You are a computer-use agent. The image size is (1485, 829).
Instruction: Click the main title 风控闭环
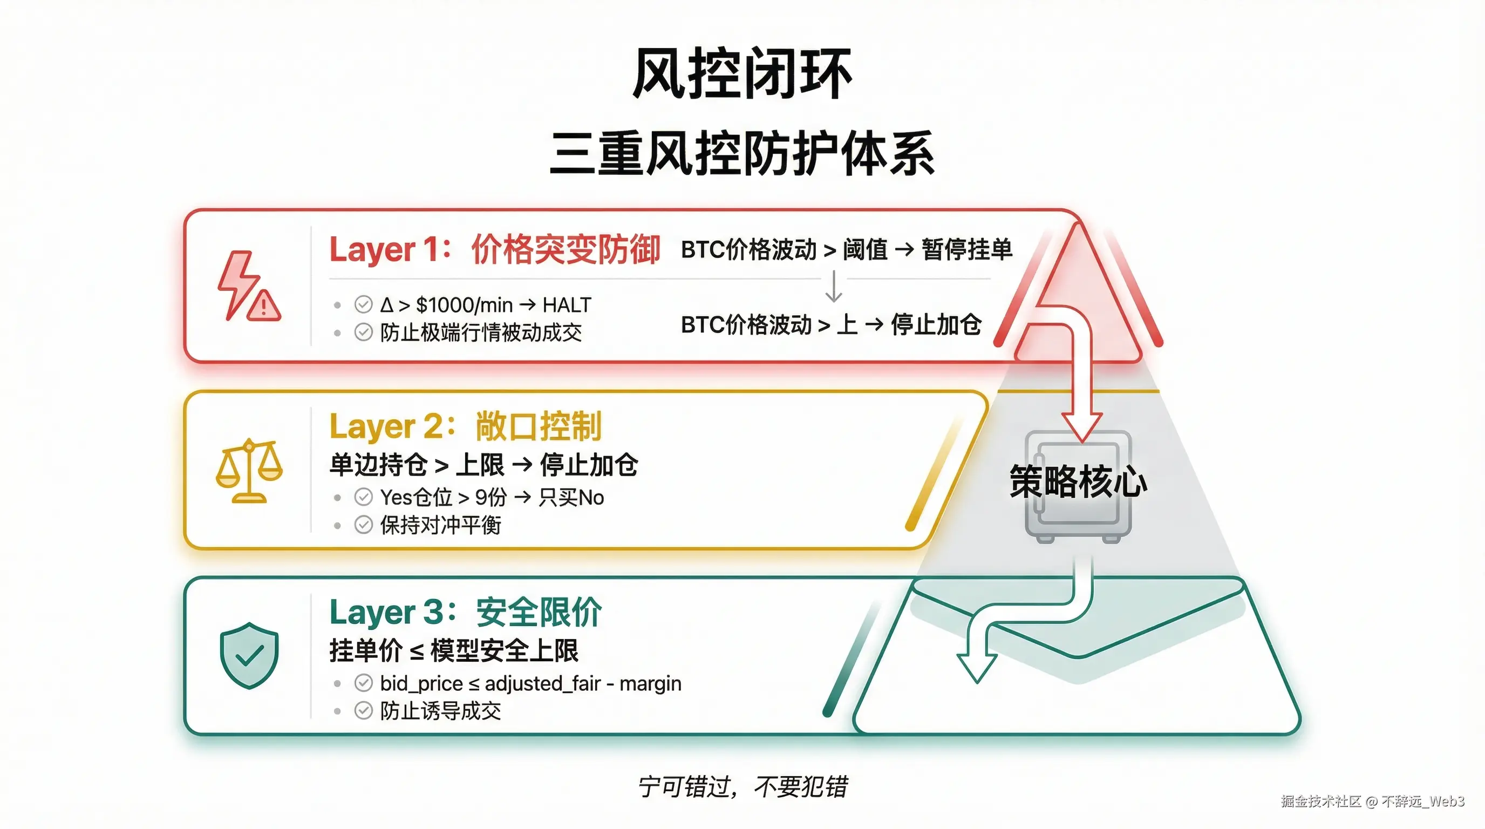click(x=742, y=74)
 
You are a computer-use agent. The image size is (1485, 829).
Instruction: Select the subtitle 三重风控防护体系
click(x=742, y=153)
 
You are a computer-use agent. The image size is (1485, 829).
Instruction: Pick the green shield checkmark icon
click(x=249, y=655)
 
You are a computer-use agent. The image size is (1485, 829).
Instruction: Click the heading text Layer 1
click(x=386, y=250)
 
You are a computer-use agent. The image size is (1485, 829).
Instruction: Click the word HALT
click(x=567, y=305)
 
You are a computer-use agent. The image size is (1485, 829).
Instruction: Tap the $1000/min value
click(x=464, y=305)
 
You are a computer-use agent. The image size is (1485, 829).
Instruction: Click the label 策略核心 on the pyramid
click(x=1078, y=481)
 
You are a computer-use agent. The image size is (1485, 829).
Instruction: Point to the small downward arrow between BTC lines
click(x=834, y=287)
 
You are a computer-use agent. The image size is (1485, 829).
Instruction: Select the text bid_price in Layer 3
click(x=421, y=684)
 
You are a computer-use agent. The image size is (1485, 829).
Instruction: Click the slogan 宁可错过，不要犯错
click(x=742, y=787)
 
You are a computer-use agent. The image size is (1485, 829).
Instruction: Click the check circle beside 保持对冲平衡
click(x=363, y=525)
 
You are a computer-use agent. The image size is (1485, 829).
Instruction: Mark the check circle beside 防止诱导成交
click(x=363, y=711)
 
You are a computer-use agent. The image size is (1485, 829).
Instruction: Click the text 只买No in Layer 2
click(x=571, y=498)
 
